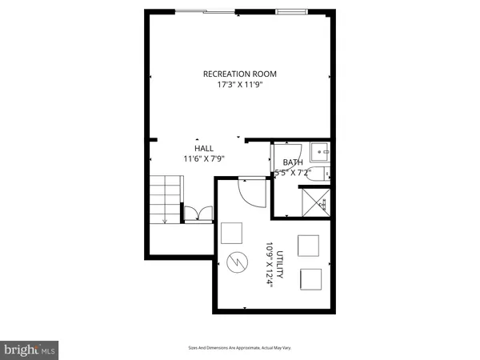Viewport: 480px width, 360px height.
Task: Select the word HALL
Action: pyautogui.click(x=204, y=148)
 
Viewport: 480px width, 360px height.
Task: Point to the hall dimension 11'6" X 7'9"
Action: pyautogui.click(x=204, y=158)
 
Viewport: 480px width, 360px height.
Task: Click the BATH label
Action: pyautogui.click(x=293, y=162)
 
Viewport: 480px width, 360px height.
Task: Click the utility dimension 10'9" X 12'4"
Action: pyautogui.click(x=270, y=264)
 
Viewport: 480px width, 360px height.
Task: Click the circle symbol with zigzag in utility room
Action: pyautogui.click(x=238, y=262)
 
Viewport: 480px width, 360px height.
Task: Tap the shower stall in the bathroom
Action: pyautogui.click(x=314, y=202)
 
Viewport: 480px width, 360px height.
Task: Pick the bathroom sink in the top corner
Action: pyautogui.click(x=320, y=150)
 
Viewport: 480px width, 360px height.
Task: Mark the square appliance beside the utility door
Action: pyautogui.click(x=232, y=233)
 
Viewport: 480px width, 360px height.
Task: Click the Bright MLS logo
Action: pyautogui.click(x=30, y=350)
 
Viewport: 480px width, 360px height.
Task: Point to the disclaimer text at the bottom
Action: pyautogui.click(x=239, y=349)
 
